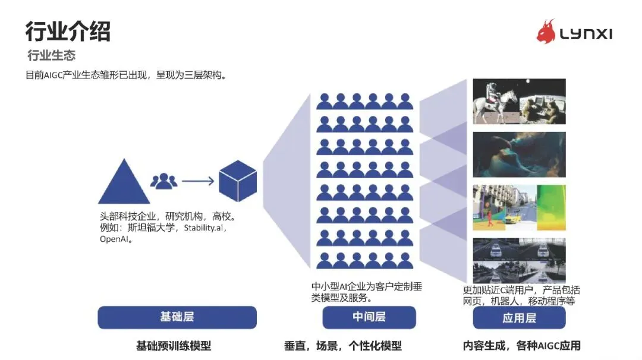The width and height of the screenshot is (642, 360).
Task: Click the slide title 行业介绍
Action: coord(67,31)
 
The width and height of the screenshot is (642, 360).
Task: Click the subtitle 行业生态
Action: coord(51,56)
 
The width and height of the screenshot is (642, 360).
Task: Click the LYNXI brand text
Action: coord(586,34)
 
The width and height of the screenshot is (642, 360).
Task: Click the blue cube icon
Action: coord(238,181)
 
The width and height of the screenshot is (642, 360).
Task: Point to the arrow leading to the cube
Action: coord(198,181)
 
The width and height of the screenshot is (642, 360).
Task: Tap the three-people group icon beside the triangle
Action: coord(163,181)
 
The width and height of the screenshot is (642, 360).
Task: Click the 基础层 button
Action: coord(177,317)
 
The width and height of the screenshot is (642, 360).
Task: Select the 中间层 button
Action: coord(369,317)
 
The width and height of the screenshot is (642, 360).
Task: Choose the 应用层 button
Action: coord(519,318)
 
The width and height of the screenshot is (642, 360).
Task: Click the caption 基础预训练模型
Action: coord(174,346)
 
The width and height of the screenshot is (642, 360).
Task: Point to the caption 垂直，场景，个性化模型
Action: coord(343,346)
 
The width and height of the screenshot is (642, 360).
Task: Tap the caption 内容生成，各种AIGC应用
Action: coord(521,346)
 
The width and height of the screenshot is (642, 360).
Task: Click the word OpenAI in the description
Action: coord(115,240)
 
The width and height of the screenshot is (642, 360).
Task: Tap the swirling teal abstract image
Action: coord(519,154)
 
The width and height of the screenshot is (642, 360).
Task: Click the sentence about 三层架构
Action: coord(125,75)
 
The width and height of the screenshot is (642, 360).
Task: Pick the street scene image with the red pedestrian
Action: coord(496,207)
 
